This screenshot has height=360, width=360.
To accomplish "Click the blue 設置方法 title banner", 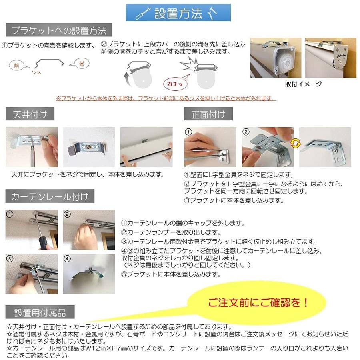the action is click(178, 13).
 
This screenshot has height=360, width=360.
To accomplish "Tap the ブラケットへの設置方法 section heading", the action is click(59, 30).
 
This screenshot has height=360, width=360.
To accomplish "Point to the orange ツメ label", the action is click(36, 72).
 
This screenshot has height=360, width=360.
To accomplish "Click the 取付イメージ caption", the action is click(303, 84).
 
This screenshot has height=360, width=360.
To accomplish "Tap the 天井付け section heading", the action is click(30, 114).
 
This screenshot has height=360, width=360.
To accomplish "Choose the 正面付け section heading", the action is click(208, 114).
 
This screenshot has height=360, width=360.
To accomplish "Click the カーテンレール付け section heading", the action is click(50, 196).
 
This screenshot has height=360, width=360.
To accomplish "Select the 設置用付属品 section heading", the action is click(40, 312).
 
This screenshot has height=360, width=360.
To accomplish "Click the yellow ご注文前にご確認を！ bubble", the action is click(257, 303).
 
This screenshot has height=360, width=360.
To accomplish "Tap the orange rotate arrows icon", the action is click(296, 143).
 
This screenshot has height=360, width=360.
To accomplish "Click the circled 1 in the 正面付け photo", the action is click(188, 132).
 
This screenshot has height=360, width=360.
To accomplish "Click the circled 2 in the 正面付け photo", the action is click(246, 132).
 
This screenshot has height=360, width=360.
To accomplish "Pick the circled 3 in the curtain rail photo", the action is click(10, 258).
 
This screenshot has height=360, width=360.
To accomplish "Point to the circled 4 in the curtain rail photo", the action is click(67, 258).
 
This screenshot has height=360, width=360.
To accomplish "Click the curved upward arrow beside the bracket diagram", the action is click(127, 78).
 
